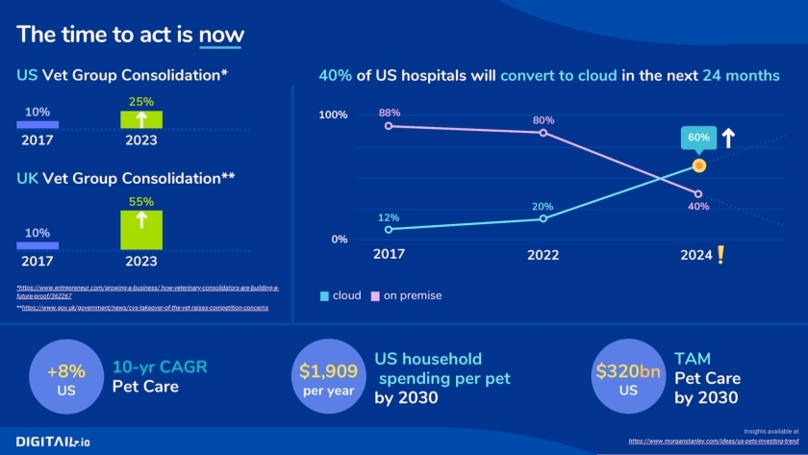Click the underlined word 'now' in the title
(x=221, y=36)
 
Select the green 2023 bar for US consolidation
(x=141, y=119)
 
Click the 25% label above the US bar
(x=141, y=100)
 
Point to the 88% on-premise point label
(x=390, y=112)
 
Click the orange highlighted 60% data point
(x=699, y=165)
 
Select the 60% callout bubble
(x=699, y=138)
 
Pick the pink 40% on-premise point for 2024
(x=698, y=194)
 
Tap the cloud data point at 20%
(x=543, y=218)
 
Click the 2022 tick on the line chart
(x=543, y=256)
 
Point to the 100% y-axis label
(x=333, y=115)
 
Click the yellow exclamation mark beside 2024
(x=720, y=255)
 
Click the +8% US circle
(x=65, y=379)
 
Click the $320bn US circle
(x=628, y=379)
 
